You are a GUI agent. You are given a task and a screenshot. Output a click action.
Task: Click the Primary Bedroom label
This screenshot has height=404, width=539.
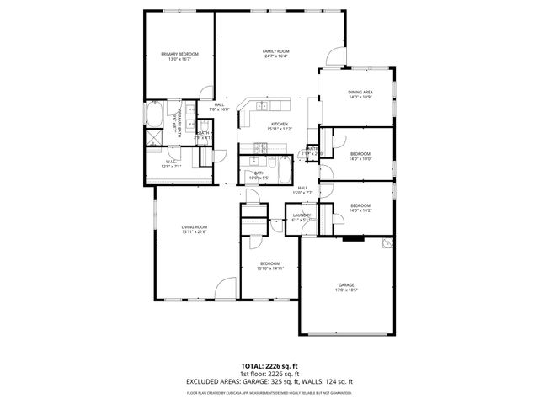coord(178,56)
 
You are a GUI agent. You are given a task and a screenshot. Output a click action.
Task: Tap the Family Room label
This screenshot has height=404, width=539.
coord(276,54)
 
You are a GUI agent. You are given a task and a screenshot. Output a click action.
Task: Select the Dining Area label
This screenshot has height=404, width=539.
coord(360,94)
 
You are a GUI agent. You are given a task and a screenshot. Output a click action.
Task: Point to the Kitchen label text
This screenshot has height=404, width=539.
coord(280,126)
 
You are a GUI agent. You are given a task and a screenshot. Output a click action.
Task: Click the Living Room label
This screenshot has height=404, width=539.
coord(194,229)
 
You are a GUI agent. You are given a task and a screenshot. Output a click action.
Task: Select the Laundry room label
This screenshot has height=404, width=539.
coord(302,217)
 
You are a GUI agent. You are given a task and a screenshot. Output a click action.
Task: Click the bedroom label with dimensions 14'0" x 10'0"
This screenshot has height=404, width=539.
coord(360,156)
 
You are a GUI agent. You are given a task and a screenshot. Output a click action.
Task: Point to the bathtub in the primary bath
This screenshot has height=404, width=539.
coord(156,114)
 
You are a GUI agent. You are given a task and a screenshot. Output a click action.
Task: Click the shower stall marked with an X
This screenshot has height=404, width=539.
coord(155,137)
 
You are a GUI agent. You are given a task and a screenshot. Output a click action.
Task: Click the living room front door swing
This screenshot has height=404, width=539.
coord(225,288)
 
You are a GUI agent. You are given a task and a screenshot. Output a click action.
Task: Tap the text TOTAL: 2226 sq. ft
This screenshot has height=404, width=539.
coord(269,367)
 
